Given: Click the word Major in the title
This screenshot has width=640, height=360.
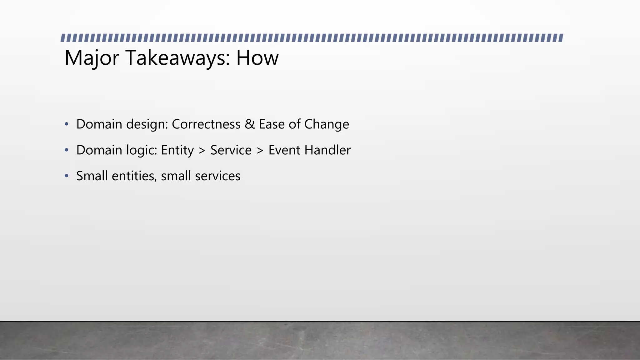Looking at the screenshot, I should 92,58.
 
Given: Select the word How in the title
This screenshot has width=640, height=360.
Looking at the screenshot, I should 257,58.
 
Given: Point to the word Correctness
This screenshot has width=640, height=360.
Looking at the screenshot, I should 206,124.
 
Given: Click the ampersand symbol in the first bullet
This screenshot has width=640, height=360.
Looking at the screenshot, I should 250,124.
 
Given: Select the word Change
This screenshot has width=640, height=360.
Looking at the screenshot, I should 327,124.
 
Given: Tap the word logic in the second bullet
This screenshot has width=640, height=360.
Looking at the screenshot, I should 142,151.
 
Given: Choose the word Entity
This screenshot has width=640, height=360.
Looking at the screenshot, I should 177,151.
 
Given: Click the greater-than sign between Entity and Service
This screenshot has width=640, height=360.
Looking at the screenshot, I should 202,151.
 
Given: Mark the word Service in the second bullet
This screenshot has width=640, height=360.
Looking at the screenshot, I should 231,150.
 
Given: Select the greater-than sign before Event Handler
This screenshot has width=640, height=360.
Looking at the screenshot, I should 260,151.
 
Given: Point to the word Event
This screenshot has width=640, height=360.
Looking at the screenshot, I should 284,150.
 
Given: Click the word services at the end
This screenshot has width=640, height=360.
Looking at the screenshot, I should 217,176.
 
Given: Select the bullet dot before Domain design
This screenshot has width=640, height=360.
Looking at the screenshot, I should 67,124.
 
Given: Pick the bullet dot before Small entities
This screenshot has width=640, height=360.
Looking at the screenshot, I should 67,176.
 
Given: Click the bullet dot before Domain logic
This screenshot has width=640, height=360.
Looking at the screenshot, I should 67,150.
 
